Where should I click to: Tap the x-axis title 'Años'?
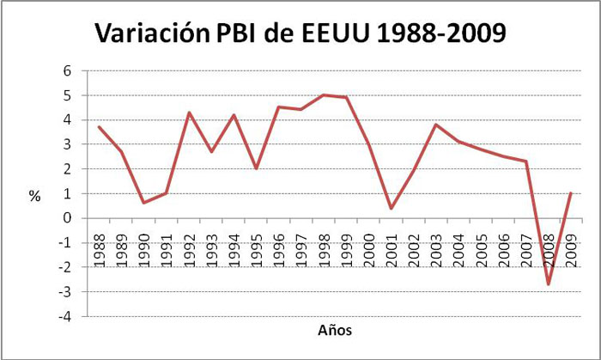point(334,330)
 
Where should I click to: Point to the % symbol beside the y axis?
point(34,196)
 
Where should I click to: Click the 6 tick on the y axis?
point(66,71)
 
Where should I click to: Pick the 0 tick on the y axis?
point(66,218)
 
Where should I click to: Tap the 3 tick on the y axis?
point(66,144)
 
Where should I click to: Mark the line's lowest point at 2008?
point(547,284)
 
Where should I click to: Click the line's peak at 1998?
point(324,95)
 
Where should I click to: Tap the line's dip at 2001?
point(391,209)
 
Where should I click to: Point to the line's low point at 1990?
point(143,203)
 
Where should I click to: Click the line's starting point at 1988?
point(100,127)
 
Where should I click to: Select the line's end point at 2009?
point(570,193)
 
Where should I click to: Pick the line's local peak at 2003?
point(435,125)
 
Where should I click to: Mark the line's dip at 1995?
point(256,168)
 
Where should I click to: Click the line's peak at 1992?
point(189,113)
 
